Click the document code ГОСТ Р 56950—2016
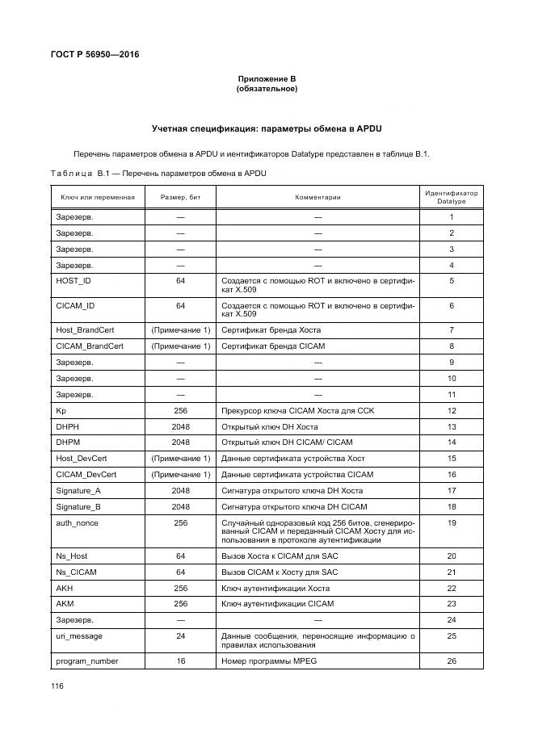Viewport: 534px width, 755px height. (90, 54)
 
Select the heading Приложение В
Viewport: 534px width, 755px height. (267, 78)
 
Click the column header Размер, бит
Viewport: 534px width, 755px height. (180, 197)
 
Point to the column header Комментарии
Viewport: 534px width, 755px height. (317, 197)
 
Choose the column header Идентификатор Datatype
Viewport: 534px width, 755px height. (451, 197)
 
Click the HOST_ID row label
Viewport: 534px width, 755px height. (74, 280)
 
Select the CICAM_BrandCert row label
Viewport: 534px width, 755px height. (89, 346)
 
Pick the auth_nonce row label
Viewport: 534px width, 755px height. (76, 523)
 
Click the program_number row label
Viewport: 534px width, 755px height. (86, 661)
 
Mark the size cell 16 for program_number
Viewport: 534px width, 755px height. (180, 661)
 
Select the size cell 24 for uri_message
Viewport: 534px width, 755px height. (180, 636)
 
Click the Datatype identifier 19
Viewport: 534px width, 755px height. (452, 523)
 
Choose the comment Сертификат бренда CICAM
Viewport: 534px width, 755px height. (272, 346)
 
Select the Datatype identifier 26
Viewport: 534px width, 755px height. (452, 661)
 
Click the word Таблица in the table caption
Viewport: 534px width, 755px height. (72, 173)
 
